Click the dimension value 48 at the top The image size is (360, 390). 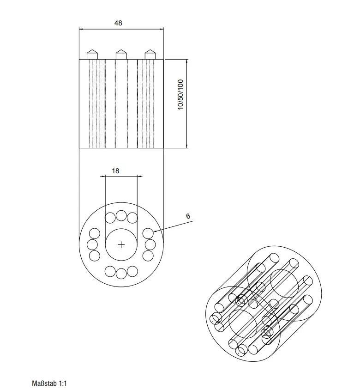[118, 23]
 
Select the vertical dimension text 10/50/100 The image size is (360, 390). [180, 95]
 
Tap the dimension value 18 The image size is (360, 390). [115, 171]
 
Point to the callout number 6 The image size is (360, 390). [188, 216]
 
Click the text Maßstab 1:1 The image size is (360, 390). [49, 383]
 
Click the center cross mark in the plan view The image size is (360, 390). [121, 245]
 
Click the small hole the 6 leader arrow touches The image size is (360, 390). [148, 233]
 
